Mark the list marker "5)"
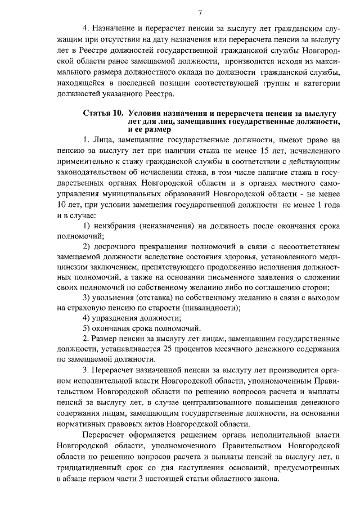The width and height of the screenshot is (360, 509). (87, 328)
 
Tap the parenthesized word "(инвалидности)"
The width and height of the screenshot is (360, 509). (212, 307)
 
